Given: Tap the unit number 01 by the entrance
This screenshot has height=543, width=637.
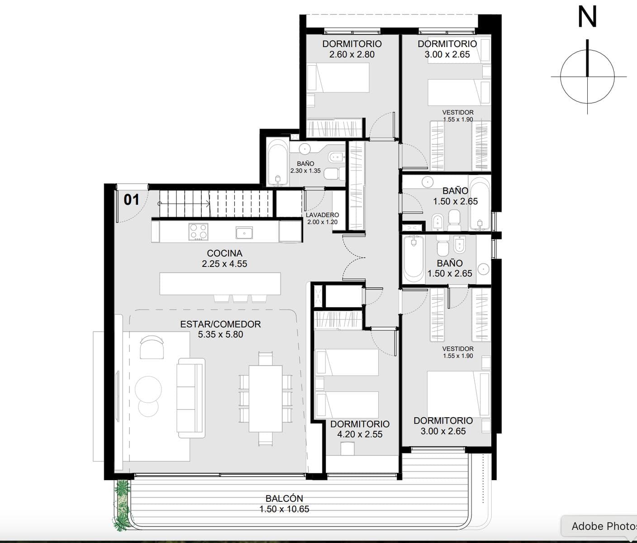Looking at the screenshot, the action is coord(131,200).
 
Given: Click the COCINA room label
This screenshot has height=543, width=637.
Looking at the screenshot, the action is coord(224,253).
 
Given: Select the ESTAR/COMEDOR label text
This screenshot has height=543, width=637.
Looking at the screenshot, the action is coord(220,324).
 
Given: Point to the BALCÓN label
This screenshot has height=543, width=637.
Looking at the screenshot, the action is coord(284,498).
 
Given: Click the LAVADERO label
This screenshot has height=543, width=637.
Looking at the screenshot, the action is coord(323,215).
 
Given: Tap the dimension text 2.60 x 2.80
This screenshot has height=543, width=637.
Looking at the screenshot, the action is coord(352,55).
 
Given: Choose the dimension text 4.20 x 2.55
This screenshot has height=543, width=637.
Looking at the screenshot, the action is coord(360,434).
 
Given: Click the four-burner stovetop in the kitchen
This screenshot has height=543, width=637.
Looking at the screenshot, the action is coord(198,232).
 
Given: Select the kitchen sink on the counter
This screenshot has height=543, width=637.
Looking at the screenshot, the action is coord(244,233).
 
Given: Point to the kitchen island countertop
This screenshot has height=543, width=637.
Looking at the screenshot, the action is coord(220,284).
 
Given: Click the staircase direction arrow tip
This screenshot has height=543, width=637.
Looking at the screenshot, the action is coord(210,203).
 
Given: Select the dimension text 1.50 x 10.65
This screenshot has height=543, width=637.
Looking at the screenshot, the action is coord(284,509).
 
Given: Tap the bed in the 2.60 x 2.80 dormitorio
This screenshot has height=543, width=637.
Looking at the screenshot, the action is coord(338,78).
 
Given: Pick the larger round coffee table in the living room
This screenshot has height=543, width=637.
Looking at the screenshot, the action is coord(148,389).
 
